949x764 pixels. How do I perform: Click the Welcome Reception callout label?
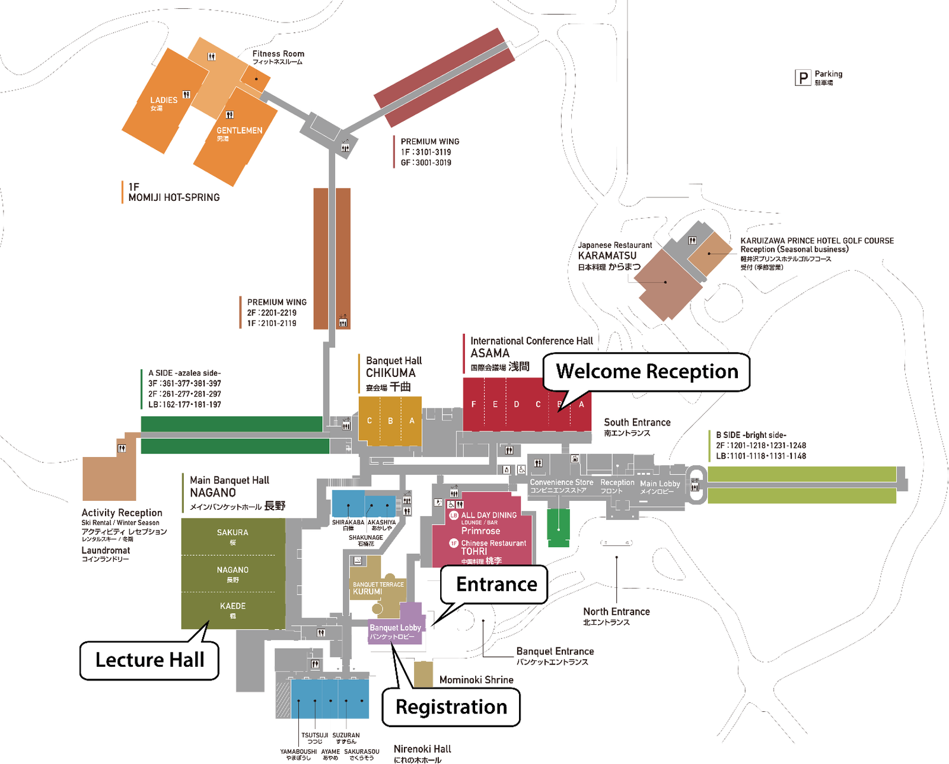point(647,372)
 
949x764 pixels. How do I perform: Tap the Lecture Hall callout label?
point(149,660)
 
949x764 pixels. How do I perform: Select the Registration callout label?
point(451,707)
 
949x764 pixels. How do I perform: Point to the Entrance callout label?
point(496,584)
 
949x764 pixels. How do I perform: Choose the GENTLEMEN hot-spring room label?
point(239,131)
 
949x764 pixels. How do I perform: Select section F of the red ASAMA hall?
point(473,404)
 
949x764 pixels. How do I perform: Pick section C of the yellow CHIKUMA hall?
point(370,421)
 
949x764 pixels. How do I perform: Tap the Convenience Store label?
point(561,483)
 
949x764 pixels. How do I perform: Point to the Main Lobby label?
point(660,484)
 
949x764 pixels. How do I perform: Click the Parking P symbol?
point(803,78)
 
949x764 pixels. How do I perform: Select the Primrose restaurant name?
point(480,531)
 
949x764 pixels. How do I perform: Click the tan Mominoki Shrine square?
point(423,674)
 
